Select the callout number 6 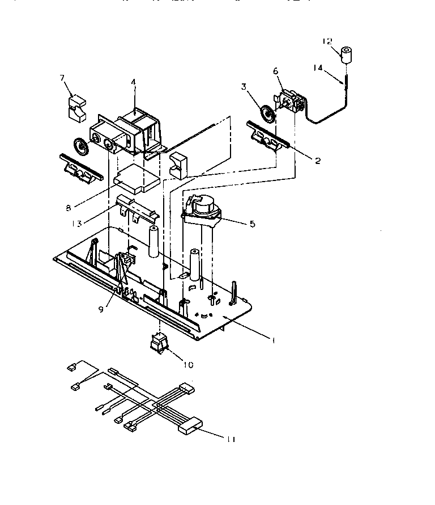pyautogui.click(x=275, y=71)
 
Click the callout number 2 pyautogui.click(x=318, y=161)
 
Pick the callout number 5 pyautogui.click(x=251, y=224)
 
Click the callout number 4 pyautogui.click(x=133, y=82)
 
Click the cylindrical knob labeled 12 pyautogui.click(x=346, y=55)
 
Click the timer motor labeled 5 pyautogui.click(x=202, y=207)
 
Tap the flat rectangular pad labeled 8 pyautogui.click(x=137, y=181)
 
